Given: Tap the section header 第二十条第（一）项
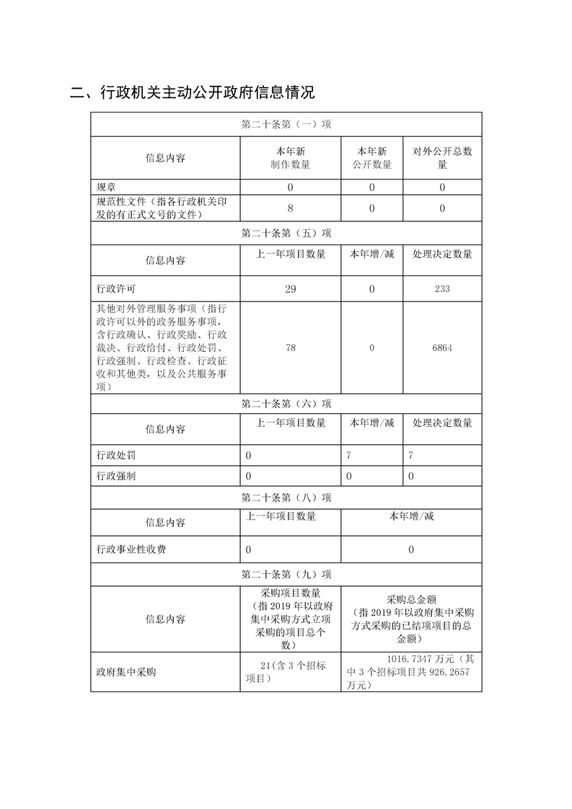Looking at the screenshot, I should click(x=286, y=125).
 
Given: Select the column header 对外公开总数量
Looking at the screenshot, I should click(x=442, y=158).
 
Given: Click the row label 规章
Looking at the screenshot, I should click(x=106, y=187).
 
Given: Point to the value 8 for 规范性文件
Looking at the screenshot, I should click(x=290, y=208).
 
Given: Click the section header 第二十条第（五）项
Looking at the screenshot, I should click(x=286, y=234).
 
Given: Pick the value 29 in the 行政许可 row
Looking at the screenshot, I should click(x=290, y=288).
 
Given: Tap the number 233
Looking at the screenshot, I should click(x=442, y=288).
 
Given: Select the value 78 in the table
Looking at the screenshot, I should click(x=290, y=348).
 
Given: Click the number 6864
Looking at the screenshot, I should click(x=442, y=348).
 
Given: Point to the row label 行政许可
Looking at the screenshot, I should click(x=116, y=288).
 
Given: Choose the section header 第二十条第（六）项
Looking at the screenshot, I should click(x=286, y=404).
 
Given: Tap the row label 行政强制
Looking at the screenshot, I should click(x=116, y=476).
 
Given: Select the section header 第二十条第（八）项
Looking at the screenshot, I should click(x=286, y=498).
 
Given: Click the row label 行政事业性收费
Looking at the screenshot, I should click(x=131, y=549).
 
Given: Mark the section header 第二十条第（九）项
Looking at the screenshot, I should click(x=286, y=575).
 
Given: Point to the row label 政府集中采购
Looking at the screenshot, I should click(x=126, y=672).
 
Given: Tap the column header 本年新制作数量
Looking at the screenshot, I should click(x=290, y=158).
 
